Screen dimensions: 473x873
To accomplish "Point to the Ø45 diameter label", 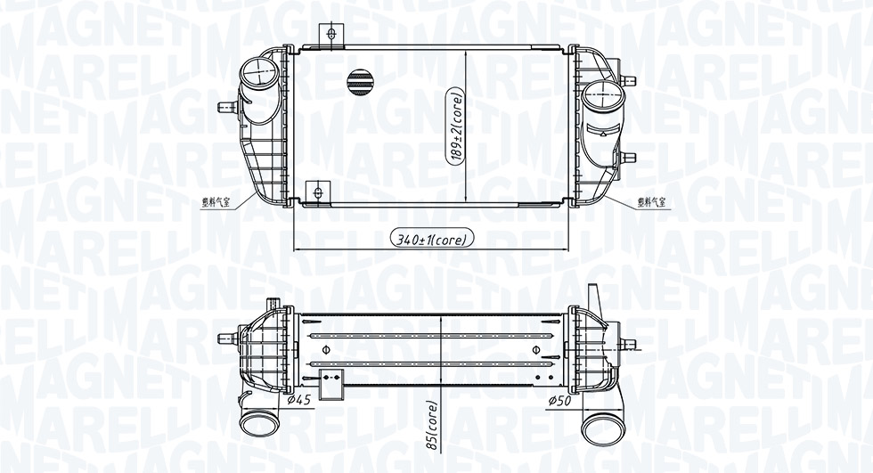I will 299,399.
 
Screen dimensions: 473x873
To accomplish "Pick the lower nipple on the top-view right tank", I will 628,158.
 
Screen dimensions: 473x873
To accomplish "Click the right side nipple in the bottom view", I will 628,344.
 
